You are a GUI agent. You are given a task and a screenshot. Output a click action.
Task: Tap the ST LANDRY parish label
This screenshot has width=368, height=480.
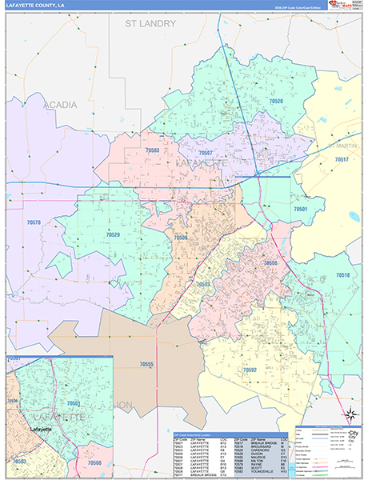click(x=154, y=24)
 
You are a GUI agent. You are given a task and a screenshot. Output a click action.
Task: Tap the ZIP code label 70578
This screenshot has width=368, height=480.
click(x=34, y=222)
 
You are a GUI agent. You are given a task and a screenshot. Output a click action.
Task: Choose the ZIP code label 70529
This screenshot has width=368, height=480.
click(x=113, y=234)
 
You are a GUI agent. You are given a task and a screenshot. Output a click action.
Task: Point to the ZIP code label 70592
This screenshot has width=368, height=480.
click(x=250, y=370)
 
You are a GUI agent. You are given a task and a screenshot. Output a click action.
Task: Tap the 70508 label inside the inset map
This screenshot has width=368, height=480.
click(x=94, y=462)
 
